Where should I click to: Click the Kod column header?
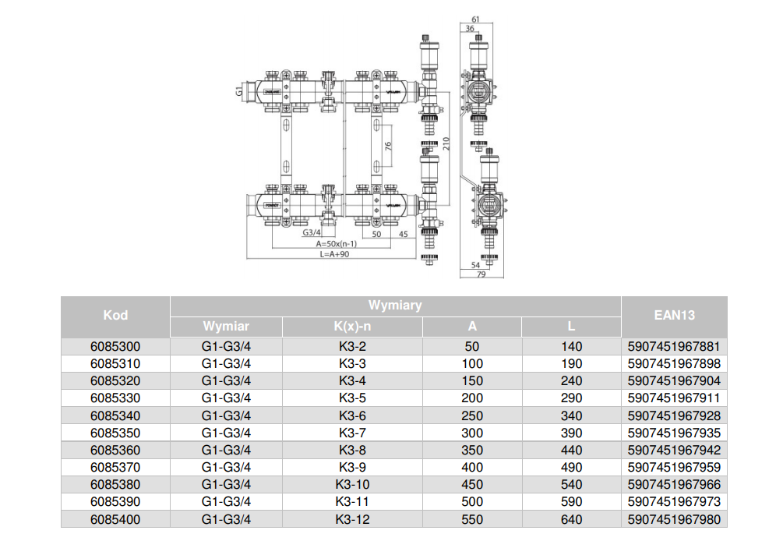click(x=115, y=316)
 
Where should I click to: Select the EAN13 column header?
click(x=674, y=316)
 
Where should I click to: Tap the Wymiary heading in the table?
click(x=395, y=306)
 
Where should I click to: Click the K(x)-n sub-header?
click(x=351, y=327)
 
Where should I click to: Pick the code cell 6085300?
click(x=115, y=346)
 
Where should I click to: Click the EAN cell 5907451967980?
click(x=674, y=519)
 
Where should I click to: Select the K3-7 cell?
click(x=351, y=433)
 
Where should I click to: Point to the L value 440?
click(x=571, y=450)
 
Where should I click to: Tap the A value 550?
click(x=472, y=519)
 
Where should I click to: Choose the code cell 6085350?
click(x=115, y=433)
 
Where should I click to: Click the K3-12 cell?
click(x=351, y=519)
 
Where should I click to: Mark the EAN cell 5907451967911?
click(x=674, y=398)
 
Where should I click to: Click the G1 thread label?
click(x=239, y=92)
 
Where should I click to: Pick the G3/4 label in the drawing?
click(x=311, y=233)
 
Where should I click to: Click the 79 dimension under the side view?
click(x=481, y=274)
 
